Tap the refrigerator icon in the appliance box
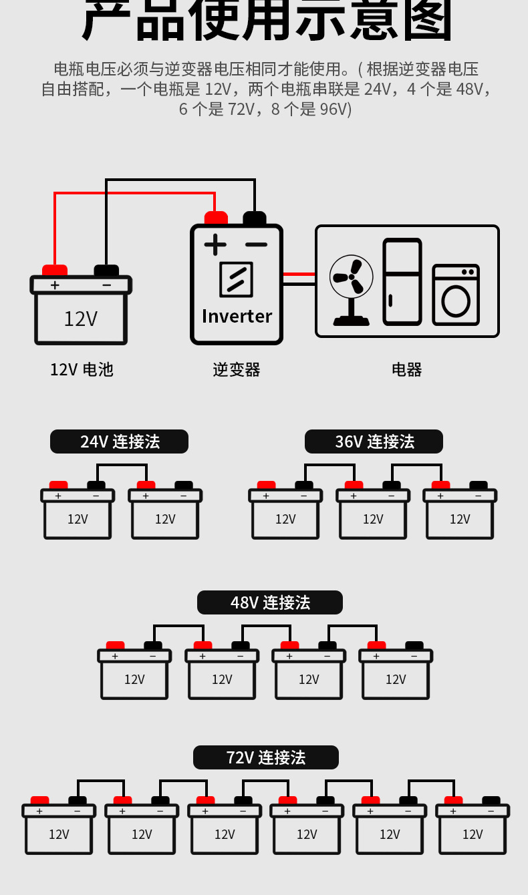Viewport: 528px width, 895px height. pyautogui.click(x=402, y=282)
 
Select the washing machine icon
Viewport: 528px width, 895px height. pyautogui.click(x=456, y=295)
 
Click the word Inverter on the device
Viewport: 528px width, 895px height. pyautogui.click(x=237, y=316)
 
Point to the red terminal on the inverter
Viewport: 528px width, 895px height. pyautogui.click(x=216, y=218)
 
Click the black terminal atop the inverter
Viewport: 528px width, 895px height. pyautogui.click(x=255, y=218)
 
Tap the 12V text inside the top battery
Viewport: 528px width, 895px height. pyautogui.click(x=81, y=319)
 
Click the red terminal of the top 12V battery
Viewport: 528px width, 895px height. pyautogui.click(x=55, y=270)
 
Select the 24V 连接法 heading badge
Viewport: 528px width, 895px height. pyautogui.click(x=119, y=441)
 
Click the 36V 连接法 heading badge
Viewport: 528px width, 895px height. pyautogui.click(x=374, y=441)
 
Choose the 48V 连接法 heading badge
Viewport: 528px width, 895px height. pyautogui.click(x=269, y=602)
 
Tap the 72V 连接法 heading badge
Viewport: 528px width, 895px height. pyautogui.click(x=265, y=757)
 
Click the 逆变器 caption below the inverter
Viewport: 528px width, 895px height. pyautogui.click(x=236, y=369)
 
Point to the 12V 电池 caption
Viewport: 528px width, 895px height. pyautogui.click(x=82, y=369)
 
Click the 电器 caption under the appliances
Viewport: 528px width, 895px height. pyautogui.click(x=406, y=369)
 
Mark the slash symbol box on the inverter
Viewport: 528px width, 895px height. pyautogui.click(x=236, y=279)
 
